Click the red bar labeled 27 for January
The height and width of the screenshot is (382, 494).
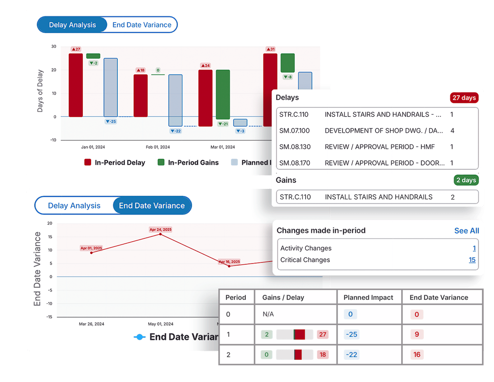coord(76,85)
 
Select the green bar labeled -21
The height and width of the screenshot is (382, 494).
coord(223,94)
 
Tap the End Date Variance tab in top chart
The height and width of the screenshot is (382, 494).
coord(142,25)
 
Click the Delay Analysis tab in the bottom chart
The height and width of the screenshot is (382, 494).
coord(74,205)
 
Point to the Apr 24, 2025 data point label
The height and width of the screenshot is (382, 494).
coord(161,229)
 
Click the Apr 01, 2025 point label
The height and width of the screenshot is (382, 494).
coord(91,248)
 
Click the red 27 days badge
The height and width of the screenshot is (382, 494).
coord(464,98)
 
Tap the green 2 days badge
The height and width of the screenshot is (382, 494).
coord(466,180)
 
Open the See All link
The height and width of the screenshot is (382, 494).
coord(466,231)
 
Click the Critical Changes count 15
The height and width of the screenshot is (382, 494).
coord(472,260)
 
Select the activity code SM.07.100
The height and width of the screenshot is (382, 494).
coord(294,131)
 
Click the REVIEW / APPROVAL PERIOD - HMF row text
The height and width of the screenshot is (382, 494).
coord(380,147)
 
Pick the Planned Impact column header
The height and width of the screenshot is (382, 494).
coord(368,297)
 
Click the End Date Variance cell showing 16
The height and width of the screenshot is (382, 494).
coord(417,354)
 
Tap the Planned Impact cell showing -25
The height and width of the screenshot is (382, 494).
coord(352,334)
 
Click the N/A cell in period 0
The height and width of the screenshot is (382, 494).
coord(268,314)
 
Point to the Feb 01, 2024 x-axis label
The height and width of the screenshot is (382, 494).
coord(158,147)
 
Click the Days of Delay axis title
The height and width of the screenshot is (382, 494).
coord(40,91)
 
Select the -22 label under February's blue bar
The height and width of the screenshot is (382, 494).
coord(176,131)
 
